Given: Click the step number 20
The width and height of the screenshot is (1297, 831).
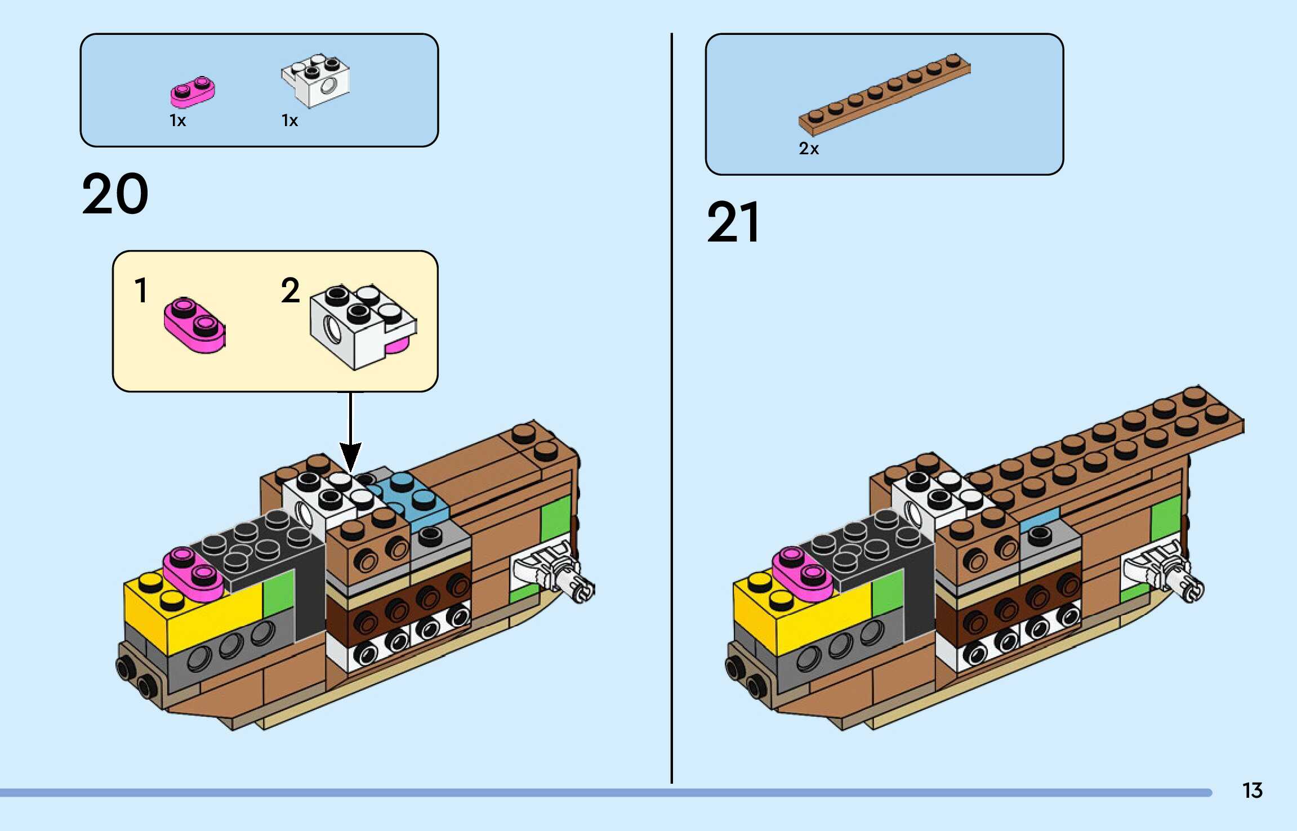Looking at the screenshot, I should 115,194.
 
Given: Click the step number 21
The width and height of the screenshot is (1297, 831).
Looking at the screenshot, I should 733,222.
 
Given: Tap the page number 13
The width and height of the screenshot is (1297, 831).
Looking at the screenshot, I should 1252,790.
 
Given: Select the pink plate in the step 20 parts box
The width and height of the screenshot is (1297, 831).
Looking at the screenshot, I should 193,92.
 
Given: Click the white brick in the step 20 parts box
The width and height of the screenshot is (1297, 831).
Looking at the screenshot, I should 316,81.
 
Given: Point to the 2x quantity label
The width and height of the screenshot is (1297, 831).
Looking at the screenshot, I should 808,149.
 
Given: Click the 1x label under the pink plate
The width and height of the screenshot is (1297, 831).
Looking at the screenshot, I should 177,120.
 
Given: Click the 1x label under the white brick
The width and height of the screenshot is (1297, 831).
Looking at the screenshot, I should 289,120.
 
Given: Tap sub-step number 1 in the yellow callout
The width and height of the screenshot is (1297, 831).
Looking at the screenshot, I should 141,291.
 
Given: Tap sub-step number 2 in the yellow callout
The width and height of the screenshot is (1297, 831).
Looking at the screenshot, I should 290,291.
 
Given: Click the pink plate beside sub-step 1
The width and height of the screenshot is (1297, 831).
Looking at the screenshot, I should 194,325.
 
